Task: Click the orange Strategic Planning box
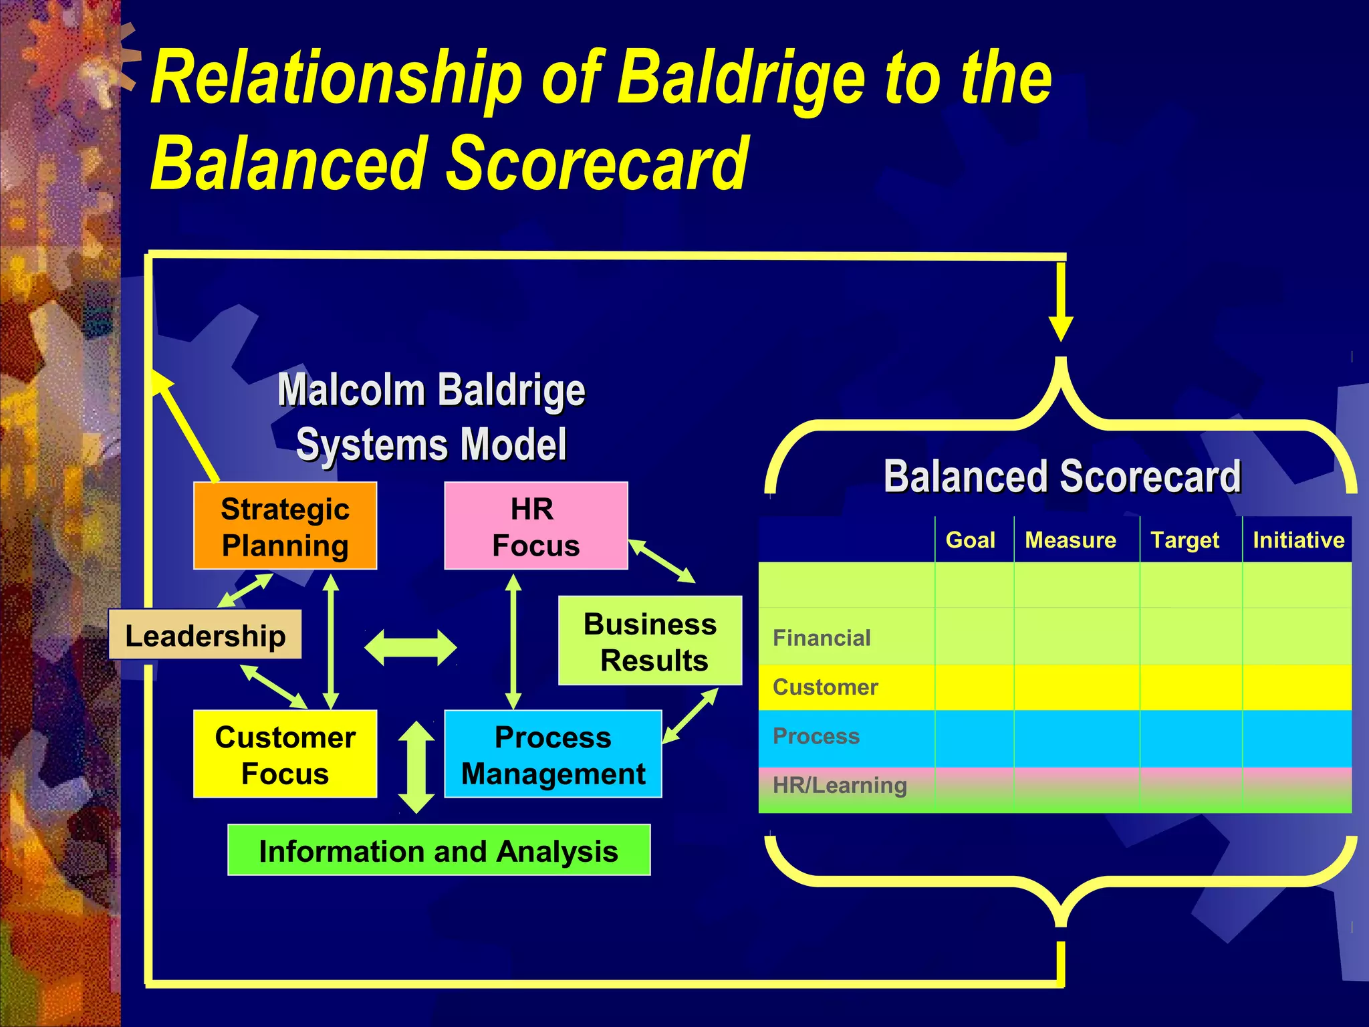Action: tap(285, 526)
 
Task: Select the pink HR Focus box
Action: tap(535, 526)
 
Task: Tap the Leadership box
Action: tap(205, 635)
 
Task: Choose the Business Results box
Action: tap(650, 641)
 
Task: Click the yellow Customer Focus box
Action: tap(285, 754)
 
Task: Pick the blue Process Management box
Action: tap(553, 754)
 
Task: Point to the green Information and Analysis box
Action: tap(439, 850)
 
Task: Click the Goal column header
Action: tap(970, 540)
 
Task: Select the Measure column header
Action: tap(1070, 540)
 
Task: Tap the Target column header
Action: tap(1185, 540)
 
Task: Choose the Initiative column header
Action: tap(1298, 540)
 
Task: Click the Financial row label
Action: tap(822, 638)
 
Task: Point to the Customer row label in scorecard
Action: tap(825, 687)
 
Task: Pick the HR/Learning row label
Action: tap(840, 785)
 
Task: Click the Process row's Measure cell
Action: tap(1076, 737)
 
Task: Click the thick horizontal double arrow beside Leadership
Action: tap(410, 647)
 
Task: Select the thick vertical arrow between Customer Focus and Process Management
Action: tap(416, 767)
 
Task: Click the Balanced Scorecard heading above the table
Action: tap(1062, 476)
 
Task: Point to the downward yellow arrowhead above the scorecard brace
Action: tap(1061, 328)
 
